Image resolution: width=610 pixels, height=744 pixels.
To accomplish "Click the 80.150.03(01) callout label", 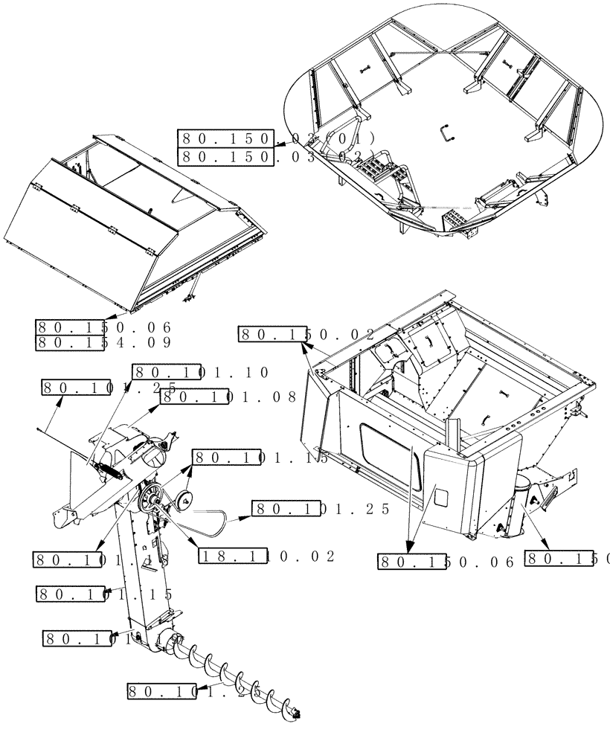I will click(x=276, y=138).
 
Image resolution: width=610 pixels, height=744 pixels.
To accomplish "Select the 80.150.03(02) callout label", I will click(x=276, y=156).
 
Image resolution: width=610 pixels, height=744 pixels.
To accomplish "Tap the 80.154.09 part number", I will click(x=104, y=343).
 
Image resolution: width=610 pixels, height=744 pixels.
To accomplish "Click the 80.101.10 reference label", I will click(x=200, y=372).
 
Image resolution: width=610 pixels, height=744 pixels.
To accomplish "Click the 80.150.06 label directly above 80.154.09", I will click(x=104, y=327).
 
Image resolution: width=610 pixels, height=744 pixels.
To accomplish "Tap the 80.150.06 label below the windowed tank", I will click(x=446, y=562).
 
